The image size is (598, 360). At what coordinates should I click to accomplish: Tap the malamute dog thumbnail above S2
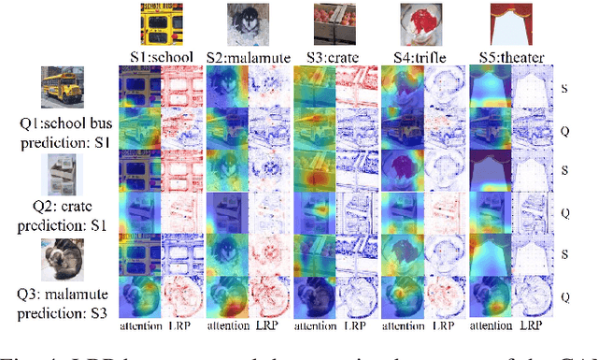click(x=247, y=23)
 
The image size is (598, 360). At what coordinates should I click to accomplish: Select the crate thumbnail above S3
click(x=334, y=23)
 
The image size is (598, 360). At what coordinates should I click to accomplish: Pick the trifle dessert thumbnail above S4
click(x=420, y=23)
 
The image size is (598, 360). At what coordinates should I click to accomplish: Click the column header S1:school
click(x=161, y=57)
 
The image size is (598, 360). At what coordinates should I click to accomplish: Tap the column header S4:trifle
click(x=421, y=57)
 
